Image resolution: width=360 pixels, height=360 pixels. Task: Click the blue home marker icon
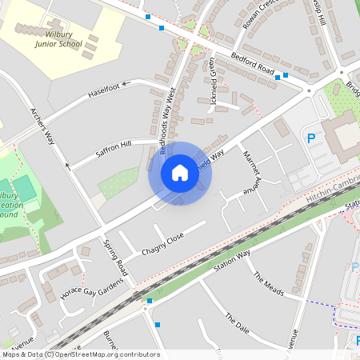coord(180,173)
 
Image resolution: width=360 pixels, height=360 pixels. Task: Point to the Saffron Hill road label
coord(114,146)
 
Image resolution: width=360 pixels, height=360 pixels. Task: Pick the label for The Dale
coord(237,322)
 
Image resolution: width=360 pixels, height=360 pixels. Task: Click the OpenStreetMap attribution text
coord(80,354)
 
